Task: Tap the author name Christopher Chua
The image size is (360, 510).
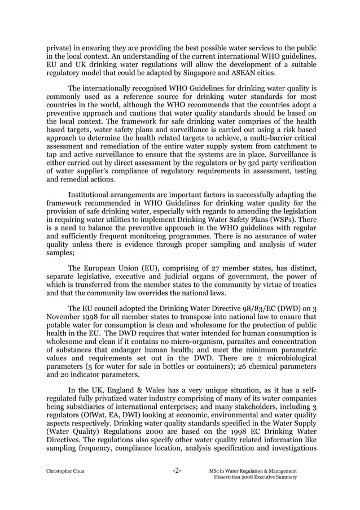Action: coord(65,471)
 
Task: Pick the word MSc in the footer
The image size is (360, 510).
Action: coord(214,471)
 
